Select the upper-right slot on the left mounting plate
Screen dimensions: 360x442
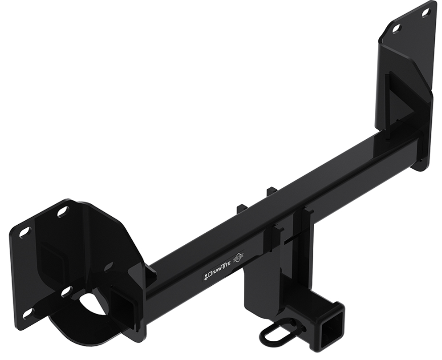[63, 212]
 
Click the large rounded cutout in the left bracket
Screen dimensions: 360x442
[94, 303]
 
